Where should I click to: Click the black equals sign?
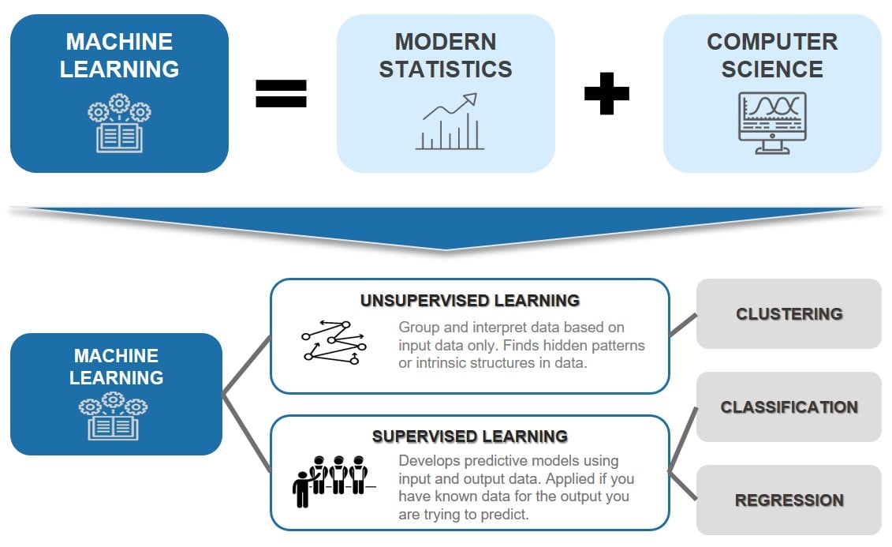281,94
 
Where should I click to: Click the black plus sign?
606,94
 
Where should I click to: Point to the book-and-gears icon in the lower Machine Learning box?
115,416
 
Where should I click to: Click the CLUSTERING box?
789,313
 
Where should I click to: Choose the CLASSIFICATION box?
789,407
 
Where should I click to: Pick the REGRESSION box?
789,500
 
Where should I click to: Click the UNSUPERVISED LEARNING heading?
470,301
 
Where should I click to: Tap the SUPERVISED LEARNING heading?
470,436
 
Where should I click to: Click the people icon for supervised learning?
331,480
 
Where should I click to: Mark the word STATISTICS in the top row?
446,69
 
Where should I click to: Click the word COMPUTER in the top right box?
772,42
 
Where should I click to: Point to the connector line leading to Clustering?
683,325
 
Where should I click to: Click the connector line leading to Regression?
683,486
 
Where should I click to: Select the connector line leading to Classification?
683,439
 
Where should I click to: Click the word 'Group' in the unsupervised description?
418,327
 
